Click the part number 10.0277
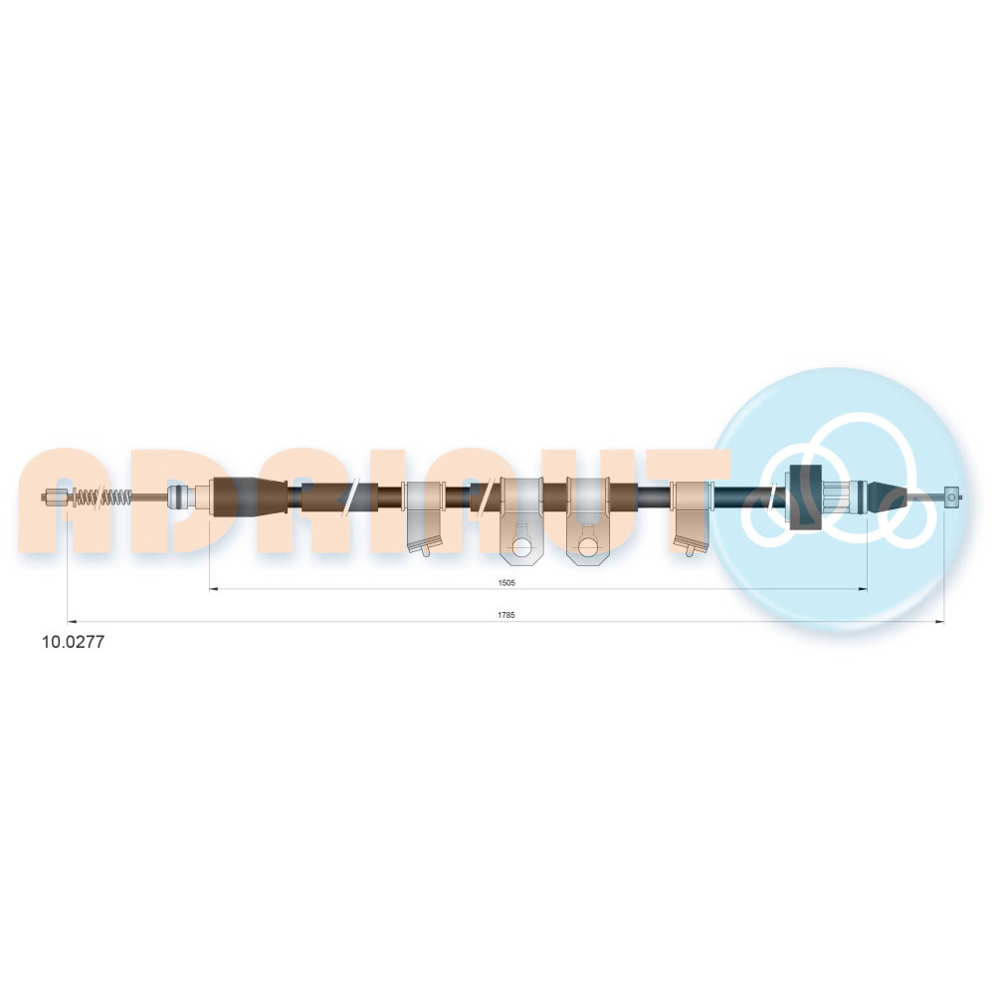(x=73, y=642)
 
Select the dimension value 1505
(x=506, y=582)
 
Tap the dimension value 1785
(x=506, y=615)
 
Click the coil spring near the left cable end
(x=102, y=497)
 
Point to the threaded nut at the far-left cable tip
(x=55, y=497)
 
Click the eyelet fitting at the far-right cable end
(x=952, y=497)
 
